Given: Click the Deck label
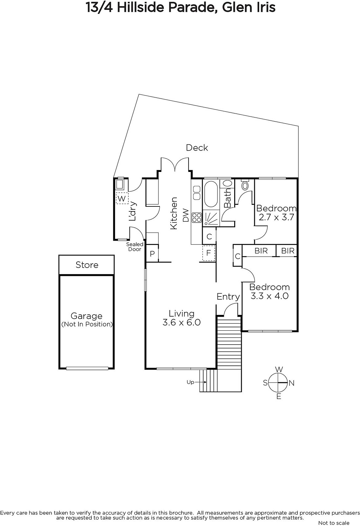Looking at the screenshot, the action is pos(197,148).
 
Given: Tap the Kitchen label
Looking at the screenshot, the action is pos(173,213).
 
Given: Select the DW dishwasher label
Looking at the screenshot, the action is pos(186,215).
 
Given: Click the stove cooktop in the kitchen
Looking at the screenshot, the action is pos(197,217).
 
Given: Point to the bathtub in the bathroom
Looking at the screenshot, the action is pos(211,194).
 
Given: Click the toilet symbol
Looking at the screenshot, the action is pos(245,185).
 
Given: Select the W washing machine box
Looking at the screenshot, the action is pos(122,198).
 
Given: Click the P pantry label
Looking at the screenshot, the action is pos(152,253).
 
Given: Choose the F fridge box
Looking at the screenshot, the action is pos(208,253).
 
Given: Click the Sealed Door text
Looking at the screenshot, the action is pos(135,247).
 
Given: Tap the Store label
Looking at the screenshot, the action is pos(87,265).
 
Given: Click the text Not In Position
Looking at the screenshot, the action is pos(87,324).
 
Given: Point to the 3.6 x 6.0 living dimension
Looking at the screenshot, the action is pos(181,322).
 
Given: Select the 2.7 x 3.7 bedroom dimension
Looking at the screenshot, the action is pos(276,217).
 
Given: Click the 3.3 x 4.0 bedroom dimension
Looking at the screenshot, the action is pos(269,296).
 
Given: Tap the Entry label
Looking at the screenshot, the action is pos(228,297).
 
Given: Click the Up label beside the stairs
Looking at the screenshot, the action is pos(190,382).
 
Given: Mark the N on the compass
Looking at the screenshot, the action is pos(291,383).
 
